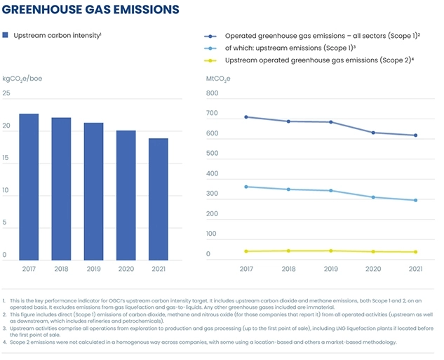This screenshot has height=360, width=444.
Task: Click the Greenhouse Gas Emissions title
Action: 90,9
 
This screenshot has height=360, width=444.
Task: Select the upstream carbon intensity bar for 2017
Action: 29,187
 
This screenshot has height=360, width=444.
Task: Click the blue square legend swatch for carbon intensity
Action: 6,34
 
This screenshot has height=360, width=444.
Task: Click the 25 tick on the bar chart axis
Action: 6,93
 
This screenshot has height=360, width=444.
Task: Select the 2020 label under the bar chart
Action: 126,269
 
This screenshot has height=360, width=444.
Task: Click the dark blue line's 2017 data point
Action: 245,117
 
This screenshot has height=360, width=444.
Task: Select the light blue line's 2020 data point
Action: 373,197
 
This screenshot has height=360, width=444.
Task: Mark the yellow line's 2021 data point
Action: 415,252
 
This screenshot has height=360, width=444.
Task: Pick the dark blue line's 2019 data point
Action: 330,122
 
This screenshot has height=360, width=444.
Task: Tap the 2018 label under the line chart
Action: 288,269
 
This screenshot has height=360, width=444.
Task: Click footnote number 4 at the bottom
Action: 4,342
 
